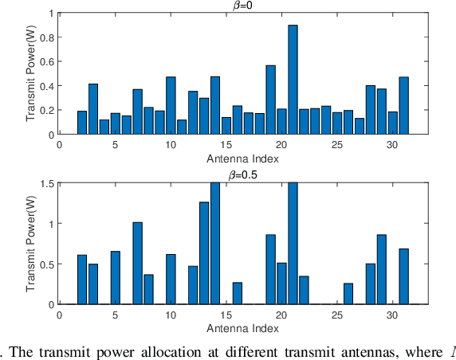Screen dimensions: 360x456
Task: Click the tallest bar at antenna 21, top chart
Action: coord(293,80)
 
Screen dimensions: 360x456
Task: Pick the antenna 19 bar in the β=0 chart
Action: coord(270,100)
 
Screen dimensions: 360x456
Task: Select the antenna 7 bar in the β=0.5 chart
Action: coord(137,264)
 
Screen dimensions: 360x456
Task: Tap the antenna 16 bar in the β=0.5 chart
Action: coord(238,293)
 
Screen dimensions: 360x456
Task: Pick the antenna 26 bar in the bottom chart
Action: coord(348,294)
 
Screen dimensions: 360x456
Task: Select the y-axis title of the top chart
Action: coord(32,74)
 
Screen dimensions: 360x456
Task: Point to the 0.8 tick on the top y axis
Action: coord(47,37)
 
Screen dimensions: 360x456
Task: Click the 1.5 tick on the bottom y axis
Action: coord(47,183)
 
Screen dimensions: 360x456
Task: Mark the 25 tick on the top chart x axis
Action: coord(337,146)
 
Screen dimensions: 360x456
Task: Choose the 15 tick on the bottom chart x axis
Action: coord(226,315)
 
